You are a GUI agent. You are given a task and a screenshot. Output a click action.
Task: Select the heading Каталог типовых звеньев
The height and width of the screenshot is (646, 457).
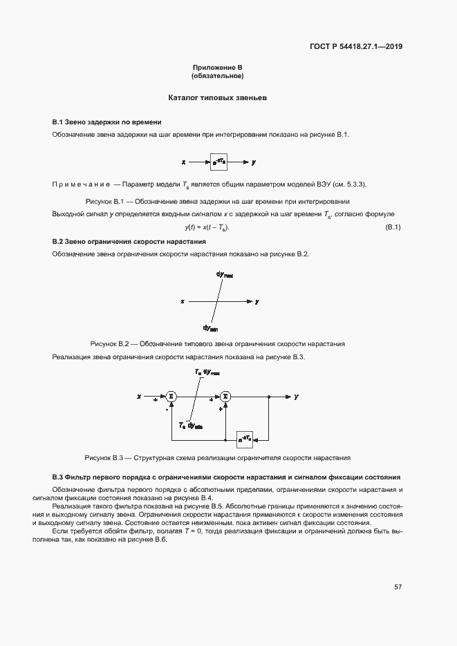click(x=218, y=98)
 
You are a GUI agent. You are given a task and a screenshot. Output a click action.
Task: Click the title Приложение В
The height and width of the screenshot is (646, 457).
click(x=218, y=68)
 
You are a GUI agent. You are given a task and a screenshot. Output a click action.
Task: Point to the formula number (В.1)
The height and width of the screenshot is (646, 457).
click(x=393, y=228)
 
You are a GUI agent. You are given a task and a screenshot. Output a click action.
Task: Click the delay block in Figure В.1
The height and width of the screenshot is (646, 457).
click(x=219, y=162)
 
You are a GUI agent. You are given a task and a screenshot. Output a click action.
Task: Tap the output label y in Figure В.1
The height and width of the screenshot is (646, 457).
click(x=254, y=162)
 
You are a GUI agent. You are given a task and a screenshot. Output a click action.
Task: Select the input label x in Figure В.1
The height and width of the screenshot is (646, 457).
click(x=184, y=162)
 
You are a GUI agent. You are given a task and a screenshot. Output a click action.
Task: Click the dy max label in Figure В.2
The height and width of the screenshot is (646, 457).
click(x=225, y=275)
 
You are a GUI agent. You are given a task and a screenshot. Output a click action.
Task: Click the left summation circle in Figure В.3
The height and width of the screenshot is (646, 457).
click(x=171, y=397)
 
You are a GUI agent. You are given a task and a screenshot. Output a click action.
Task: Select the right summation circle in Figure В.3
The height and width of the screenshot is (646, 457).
click(x=225, y=397)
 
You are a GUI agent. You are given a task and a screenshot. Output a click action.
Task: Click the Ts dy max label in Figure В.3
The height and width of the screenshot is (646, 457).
click(x=207, y=372)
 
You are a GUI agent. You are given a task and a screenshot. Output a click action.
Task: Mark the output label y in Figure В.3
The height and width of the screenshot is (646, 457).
click(x=296, y=397)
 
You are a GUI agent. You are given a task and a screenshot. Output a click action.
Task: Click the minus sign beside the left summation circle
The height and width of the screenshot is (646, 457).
click(x=167, y=409)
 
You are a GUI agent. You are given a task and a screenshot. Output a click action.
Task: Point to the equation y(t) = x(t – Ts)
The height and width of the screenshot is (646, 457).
click(x=207, y=228)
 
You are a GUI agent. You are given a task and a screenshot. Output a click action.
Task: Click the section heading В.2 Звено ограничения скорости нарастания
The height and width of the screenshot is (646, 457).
click(x=129, y=242)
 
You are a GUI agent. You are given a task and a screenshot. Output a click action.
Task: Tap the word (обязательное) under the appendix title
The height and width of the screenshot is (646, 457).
click(x=218, y=75)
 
